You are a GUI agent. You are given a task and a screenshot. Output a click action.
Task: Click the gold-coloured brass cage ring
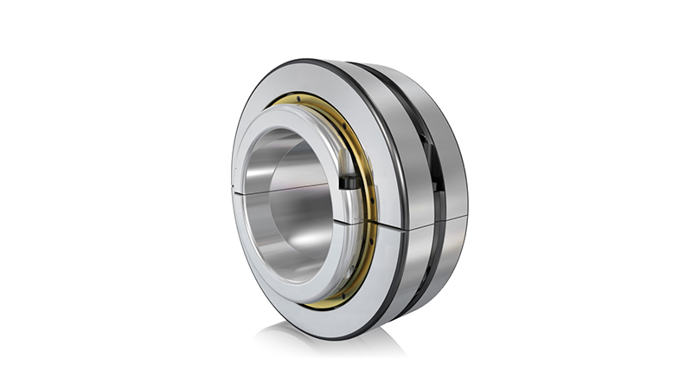362,251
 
